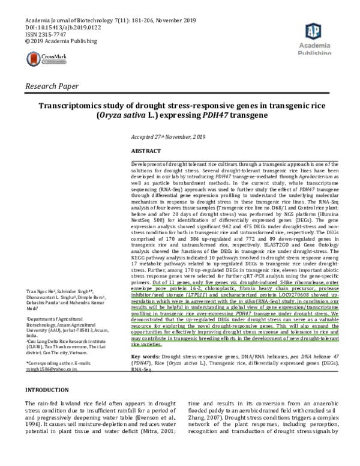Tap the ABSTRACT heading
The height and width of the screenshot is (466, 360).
146,151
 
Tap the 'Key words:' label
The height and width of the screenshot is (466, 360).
145,357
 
